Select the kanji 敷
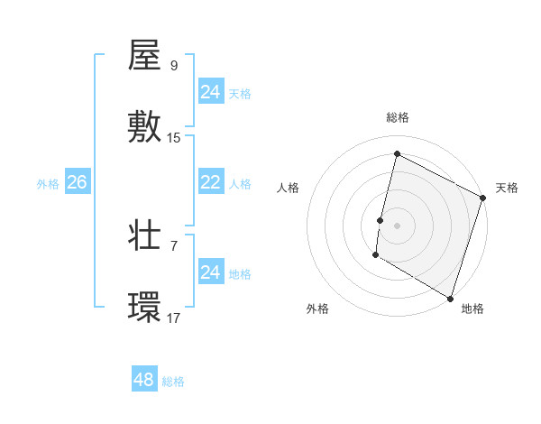pos(144,127)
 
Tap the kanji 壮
pos(144,235)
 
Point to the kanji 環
pos(144,308)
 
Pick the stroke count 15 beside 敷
pos(174,138)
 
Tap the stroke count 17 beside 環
pos(174,318)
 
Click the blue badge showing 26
pos(77,182)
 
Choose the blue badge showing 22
pos(210,182)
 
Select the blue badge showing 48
pos(143,380)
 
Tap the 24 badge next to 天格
pos(210,92)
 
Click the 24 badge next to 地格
pos(210,272)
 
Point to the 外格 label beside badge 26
pos(48,184)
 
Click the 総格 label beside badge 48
pos(173,382)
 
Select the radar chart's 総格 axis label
pos(397,117)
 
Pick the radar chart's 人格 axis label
pos(288,188)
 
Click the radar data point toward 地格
pos(450,298)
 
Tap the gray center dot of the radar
pos(397,225)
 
